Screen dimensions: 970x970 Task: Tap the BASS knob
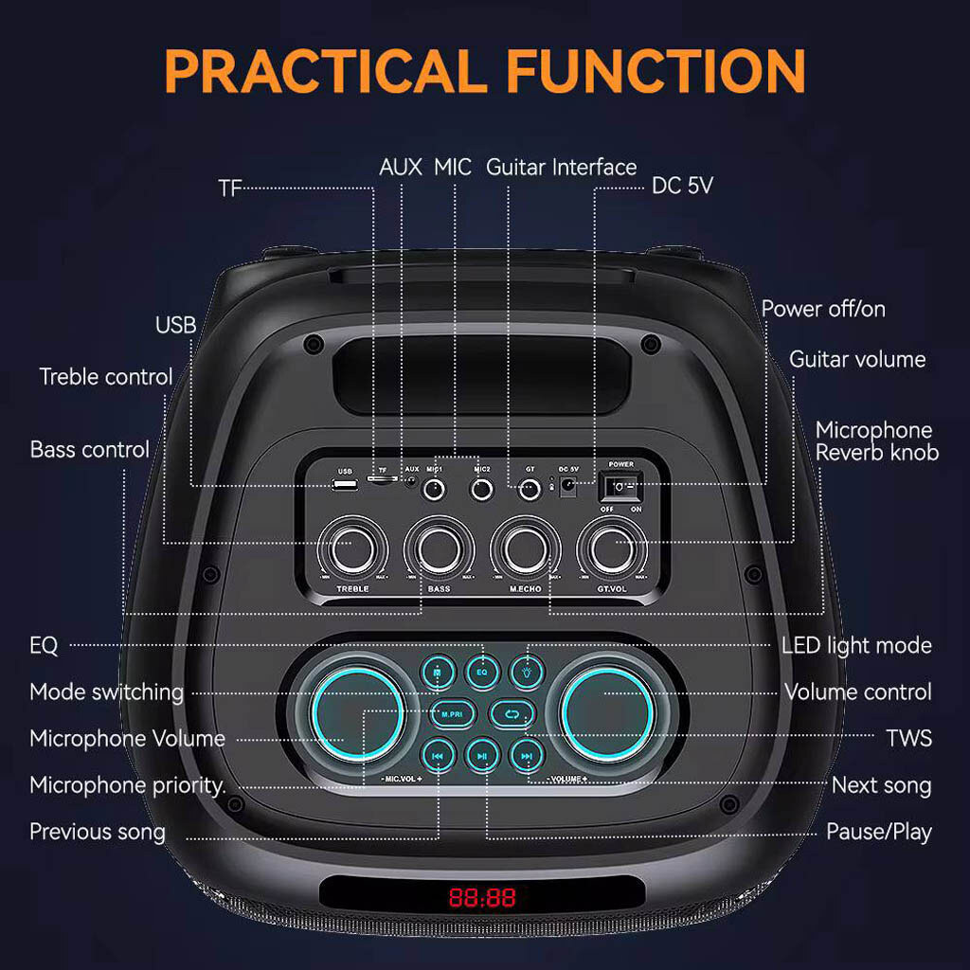438,546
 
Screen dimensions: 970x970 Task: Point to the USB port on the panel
345,485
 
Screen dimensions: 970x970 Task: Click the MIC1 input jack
436,490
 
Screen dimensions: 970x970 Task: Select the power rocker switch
621,487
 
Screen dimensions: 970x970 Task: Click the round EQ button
481,673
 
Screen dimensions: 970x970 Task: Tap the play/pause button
482,755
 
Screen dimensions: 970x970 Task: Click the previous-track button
439,755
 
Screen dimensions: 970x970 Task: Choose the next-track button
527,755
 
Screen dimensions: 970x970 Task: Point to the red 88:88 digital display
482,897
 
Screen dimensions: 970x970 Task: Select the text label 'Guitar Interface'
561,168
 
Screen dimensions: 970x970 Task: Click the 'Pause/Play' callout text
878,832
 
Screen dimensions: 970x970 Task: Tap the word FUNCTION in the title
655,70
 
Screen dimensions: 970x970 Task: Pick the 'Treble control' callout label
106,377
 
